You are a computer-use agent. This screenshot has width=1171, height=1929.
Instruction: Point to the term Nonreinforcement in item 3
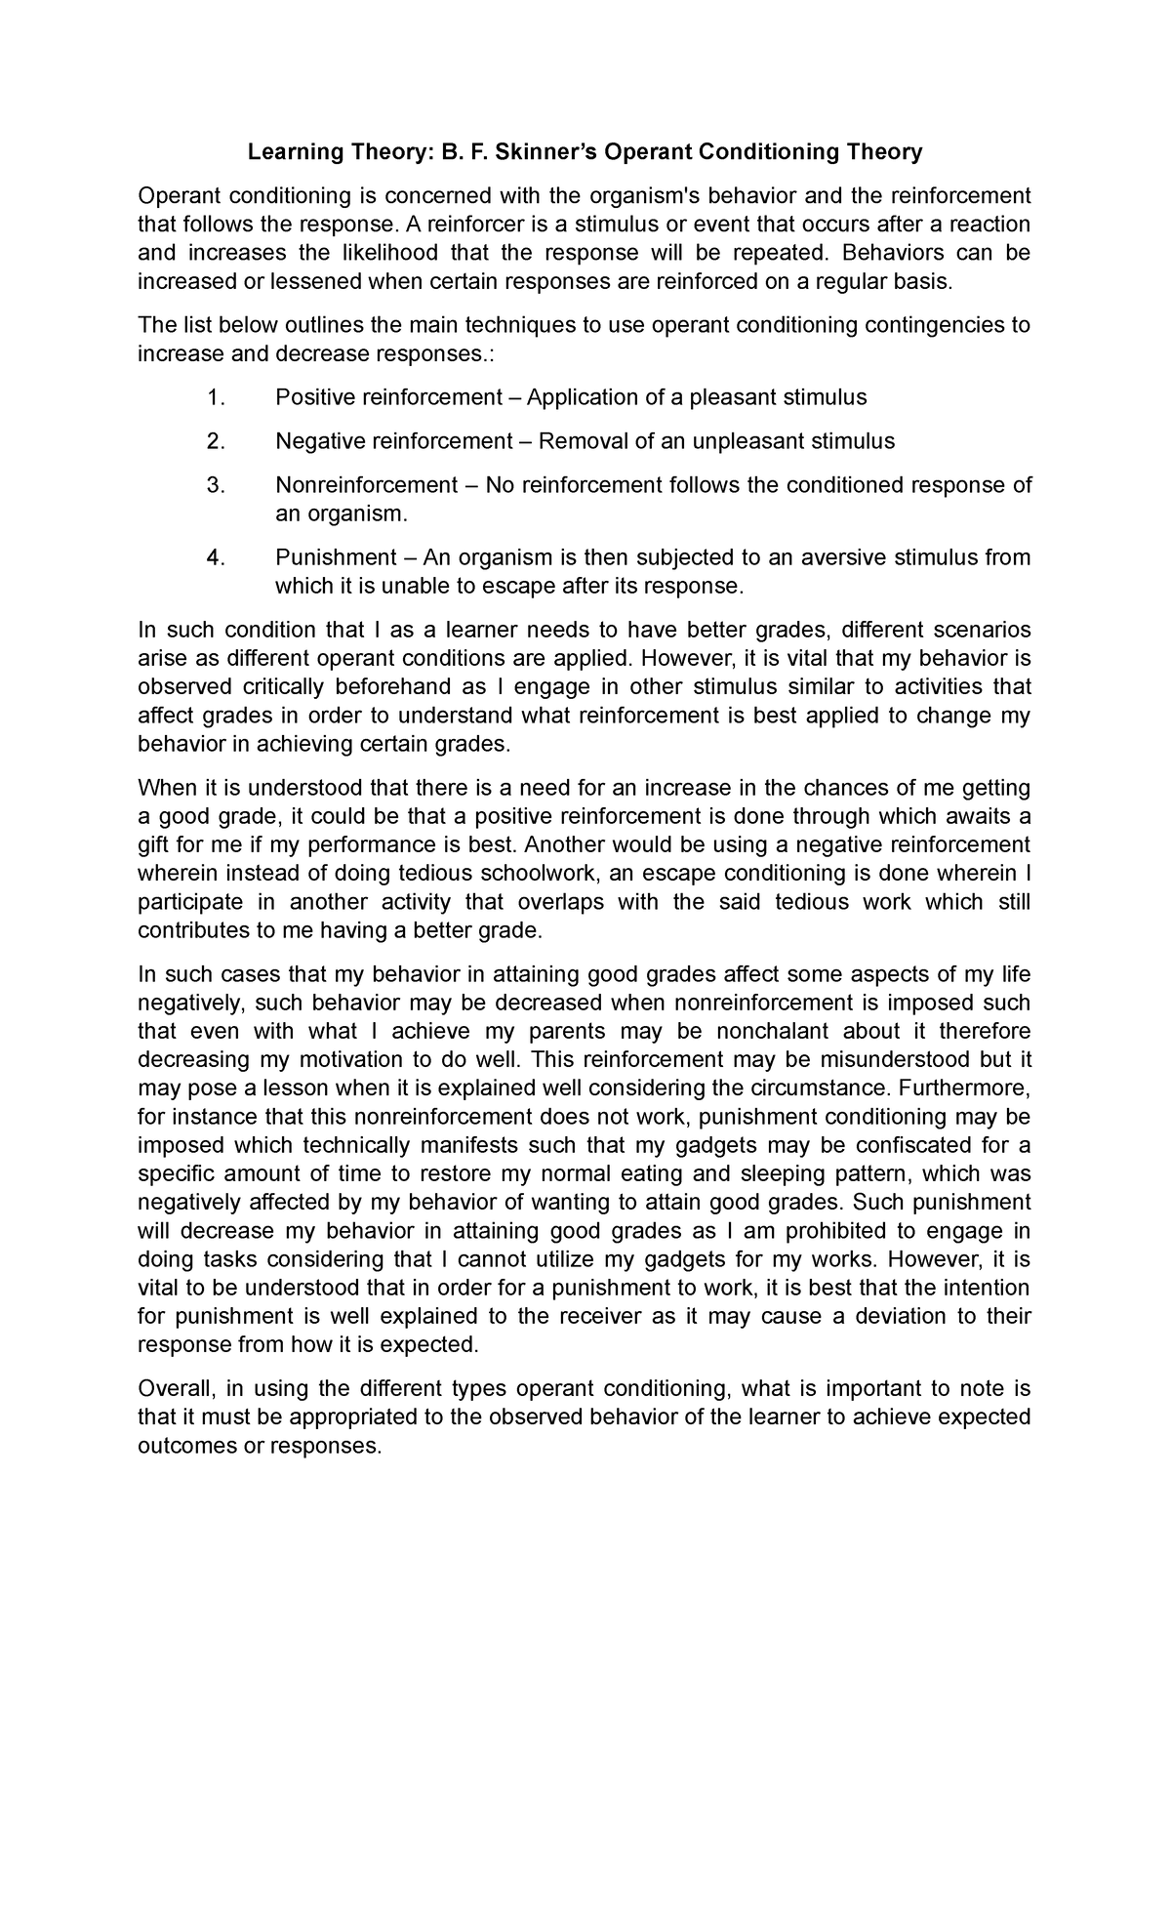pyautogui.click(x=367, y=485)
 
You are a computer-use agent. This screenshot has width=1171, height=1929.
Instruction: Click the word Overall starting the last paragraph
pyautogui.click(x=177, y=1389)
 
